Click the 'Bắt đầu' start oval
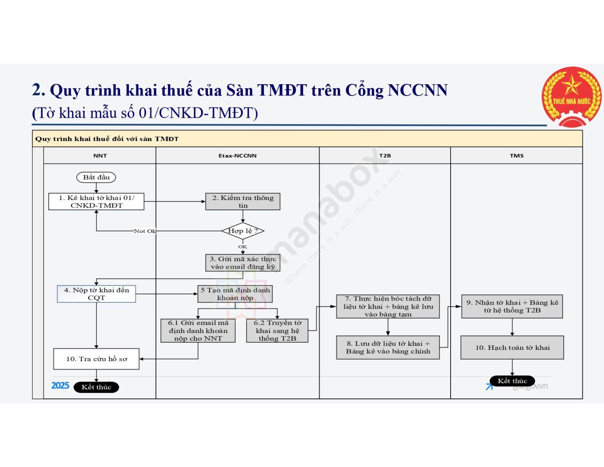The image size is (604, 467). point(96,177)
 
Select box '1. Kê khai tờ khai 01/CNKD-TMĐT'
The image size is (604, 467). point(96,201)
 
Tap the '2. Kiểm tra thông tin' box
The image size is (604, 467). point(243,201)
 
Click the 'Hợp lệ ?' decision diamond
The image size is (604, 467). point(242,231)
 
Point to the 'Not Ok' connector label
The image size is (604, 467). point(145,231)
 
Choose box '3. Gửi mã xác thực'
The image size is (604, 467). point(243,263)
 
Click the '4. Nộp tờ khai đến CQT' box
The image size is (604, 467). point(96,294)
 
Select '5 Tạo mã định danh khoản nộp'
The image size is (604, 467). point(235,294)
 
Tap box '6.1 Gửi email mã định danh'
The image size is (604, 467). point(198,330)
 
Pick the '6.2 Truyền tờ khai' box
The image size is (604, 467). point(277,330)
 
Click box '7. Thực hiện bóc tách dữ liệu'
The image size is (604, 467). point(388,306)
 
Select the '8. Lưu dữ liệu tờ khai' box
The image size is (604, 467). point(388,347)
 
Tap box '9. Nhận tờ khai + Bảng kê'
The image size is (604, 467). point(512,306)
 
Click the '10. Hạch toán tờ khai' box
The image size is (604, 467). point(512,347)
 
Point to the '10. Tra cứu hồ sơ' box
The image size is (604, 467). point(96,359)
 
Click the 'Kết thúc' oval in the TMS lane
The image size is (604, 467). point(512,381)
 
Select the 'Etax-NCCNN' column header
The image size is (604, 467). point(237,156)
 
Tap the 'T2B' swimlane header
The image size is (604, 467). point(385,156)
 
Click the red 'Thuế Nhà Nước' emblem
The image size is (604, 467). point(571,97)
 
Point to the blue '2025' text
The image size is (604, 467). point(60,386)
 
